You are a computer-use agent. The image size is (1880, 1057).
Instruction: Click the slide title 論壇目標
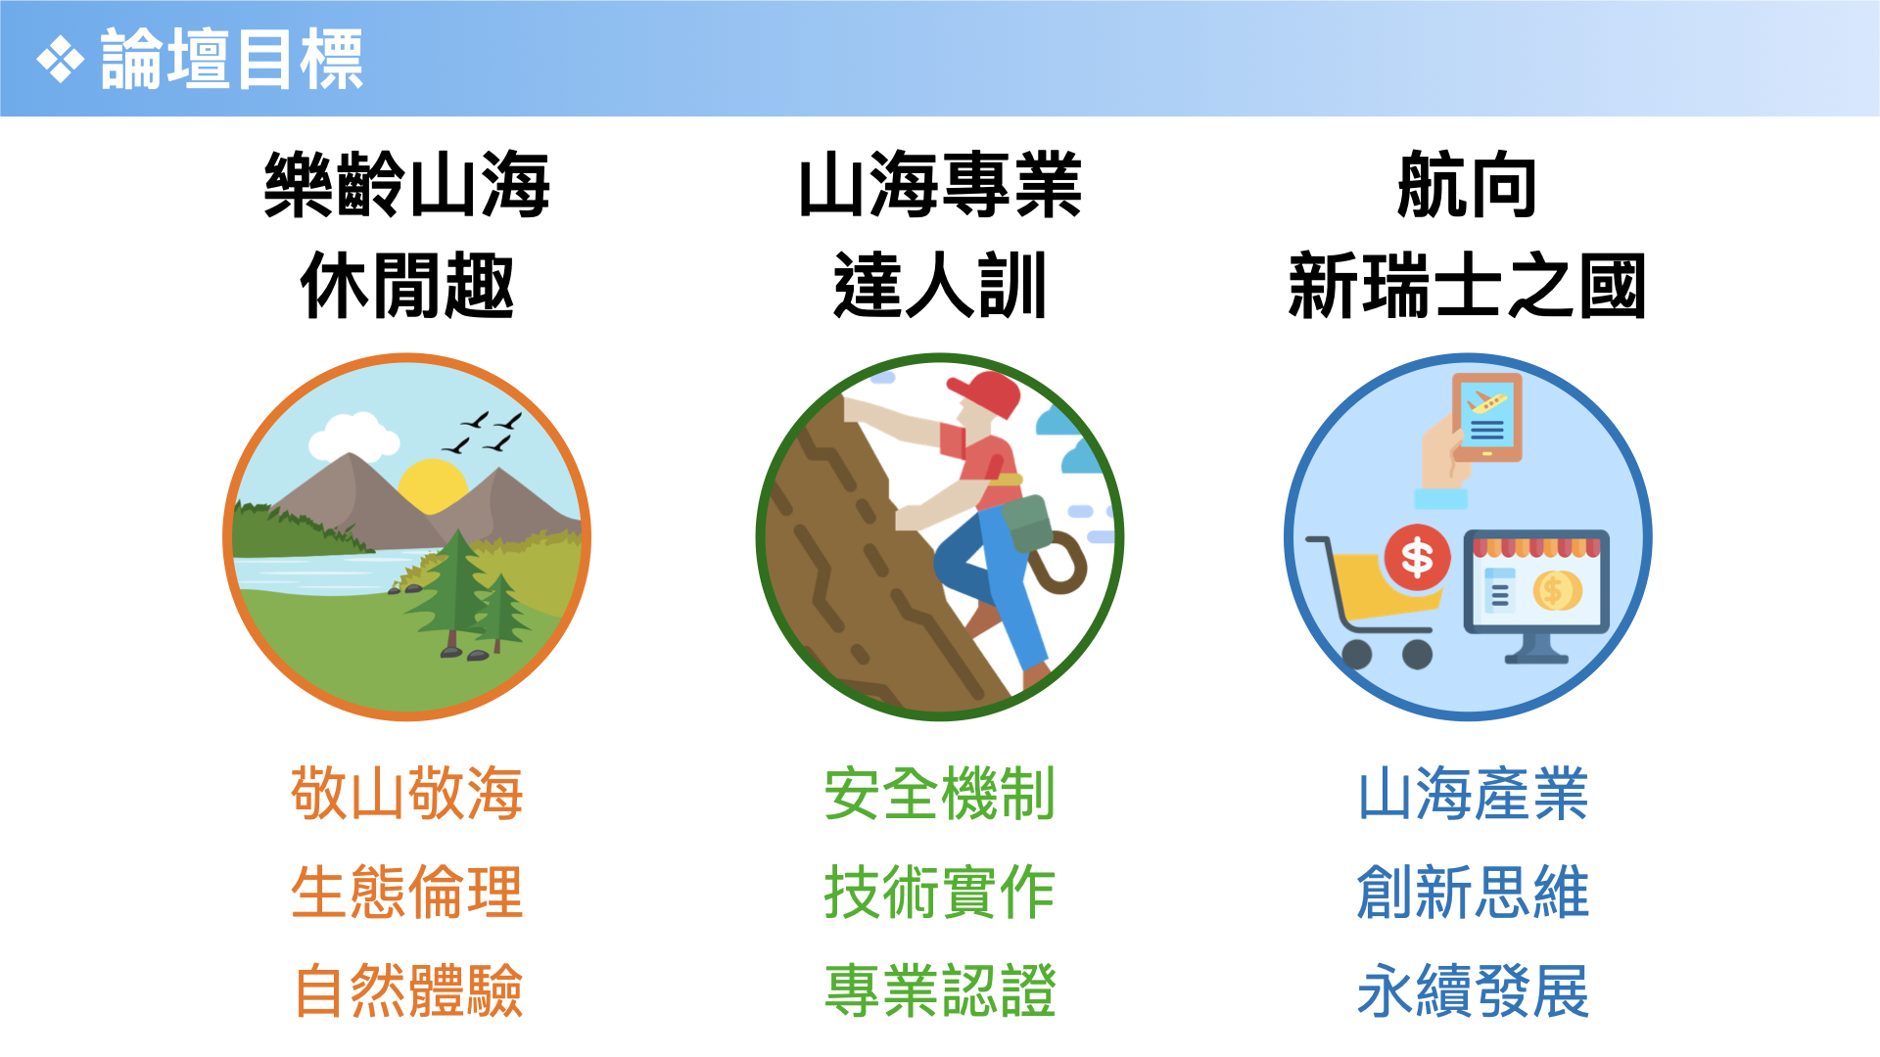(232, 60)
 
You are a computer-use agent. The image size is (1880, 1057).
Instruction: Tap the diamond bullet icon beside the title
(61, 60)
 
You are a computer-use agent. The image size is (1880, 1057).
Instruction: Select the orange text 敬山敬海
(407, 793)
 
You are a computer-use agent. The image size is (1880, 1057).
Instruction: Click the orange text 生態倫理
(407, 892)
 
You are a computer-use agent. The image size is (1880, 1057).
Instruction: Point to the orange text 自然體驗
(407, 990)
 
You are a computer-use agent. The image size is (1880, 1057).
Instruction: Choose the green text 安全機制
(940, 793)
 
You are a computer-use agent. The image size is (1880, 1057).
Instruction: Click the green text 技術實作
(940, 892)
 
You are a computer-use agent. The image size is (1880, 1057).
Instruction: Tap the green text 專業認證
(940, 990)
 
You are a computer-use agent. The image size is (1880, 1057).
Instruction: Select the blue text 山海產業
(1473, 793)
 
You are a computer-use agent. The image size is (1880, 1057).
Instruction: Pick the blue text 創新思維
(1473, 892)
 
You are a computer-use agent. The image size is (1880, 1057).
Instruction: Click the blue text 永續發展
(1473, 990)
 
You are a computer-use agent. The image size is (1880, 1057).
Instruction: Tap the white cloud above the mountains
(353, 437)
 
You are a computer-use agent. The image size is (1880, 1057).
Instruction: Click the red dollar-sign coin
(1417, 558)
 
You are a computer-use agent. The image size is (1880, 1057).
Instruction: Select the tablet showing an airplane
(1487, 417)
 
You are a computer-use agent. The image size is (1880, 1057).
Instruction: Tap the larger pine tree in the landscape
(452, 591)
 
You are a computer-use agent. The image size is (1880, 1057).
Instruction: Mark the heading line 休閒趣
(407, 285)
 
